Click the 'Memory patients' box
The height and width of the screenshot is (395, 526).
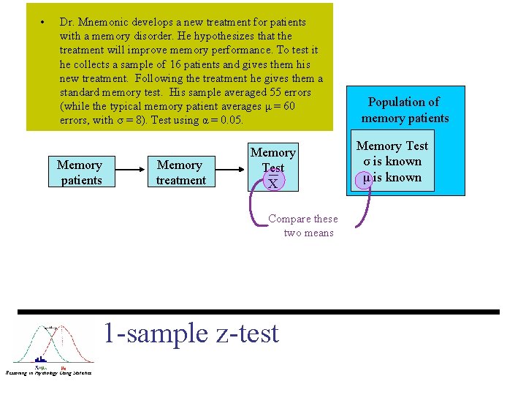click(x=80, y=173)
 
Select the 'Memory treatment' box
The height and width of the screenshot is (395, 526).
click(x=180, y=173)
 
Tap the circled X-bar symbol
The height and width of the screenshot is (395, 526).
click(x=272, y=182)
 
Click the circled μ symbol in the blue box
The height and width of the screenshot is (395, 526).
click(x=363, y=178)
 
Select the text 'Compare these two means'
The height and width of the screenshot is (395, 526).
click(x=303, y=225)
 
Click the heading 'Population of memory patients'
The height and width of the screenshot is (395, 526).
click(x=405, y=110)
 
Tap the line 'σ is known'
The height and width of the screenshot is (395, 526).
click(x=392, y=162)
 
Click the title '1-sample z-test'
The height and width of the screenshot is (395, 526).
click(x=191, y=334)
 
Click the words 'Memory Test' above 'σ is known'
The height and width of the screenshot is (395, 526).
click(x=392, y=146)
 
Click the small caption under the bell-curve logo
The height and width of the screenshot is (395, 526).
click(x=48, y=373)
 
